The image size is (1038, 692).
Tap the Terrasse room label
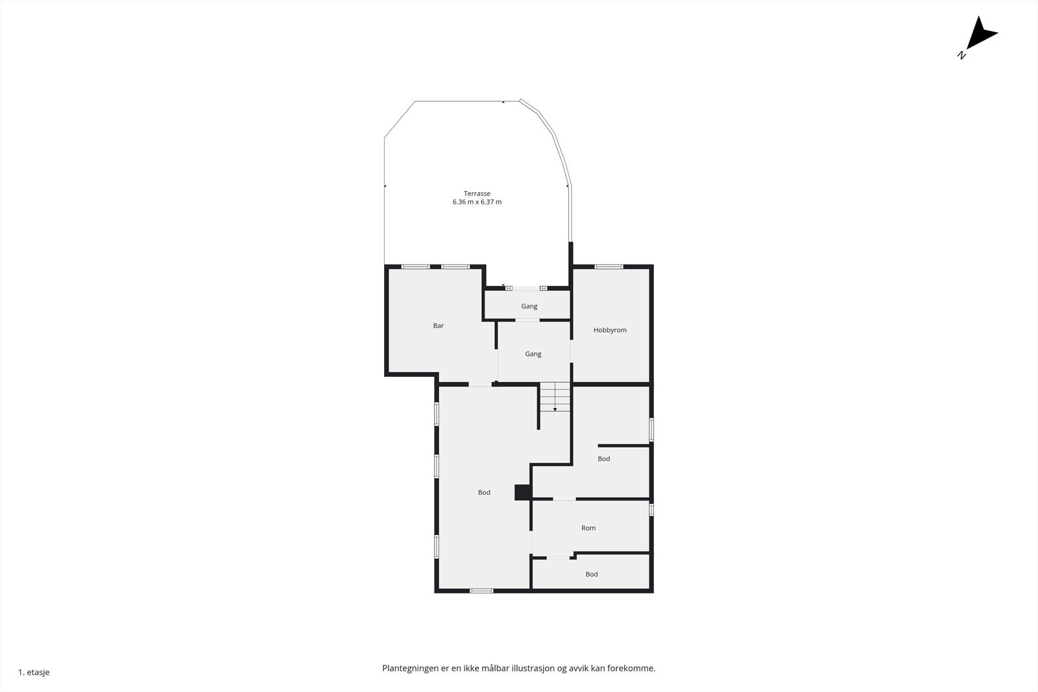coord(477,193)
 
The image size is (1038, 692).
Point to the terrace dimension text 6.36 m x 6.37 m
coord(477,202)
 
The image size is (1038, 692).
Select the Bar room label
coord(439,326)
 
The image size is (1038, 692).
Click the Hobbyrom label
coord(610,330)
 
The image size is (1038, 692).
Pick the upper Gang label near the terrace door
coord(529,306)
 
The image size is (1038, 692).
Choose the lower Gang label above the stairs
coord(533,354)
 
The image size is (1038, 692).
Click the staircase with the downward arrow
coord(555,397)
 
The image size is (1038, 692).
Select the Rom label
coord(588,528)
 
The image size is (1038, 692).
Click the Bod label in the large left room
coord(484,493)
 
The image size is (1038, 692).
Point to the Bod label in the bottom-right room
coord(592,574)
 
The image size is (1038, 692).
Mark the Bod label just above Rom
coord(604,459)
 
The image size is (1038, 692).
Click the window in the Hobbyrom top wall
coord(609,267)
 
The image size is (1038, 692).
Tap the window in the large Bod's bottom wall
coord(481,590)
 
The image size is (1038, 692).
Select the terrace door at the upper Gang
coord(526,288)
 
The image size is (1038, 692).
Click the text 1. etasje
coord(34,673)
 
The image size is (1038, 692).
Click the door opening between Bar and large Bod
coord(480,385)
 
